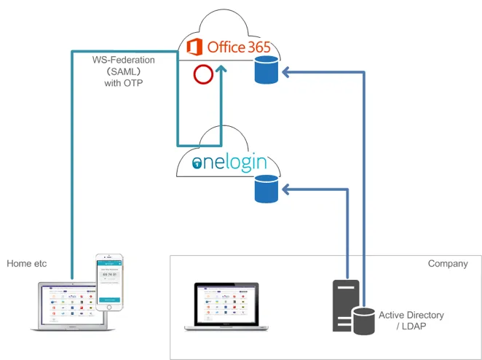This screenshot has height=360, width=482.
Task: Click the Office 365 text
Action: point(239,47)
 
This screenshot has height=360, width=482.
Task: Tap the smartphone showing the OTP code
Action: point(110,281)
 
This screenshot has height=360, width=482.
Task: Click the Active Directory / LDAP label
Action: point(411,321)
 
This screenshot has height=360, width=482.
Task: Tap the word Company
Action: point(448,264)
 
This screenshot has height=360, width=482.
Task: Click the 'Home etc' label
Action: point(27,263)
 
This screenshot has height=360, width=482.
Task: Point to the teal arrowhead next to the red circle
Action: point(221,70)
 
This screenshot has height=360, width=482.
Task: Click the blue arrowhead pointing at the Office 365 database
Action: point(286,71)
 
